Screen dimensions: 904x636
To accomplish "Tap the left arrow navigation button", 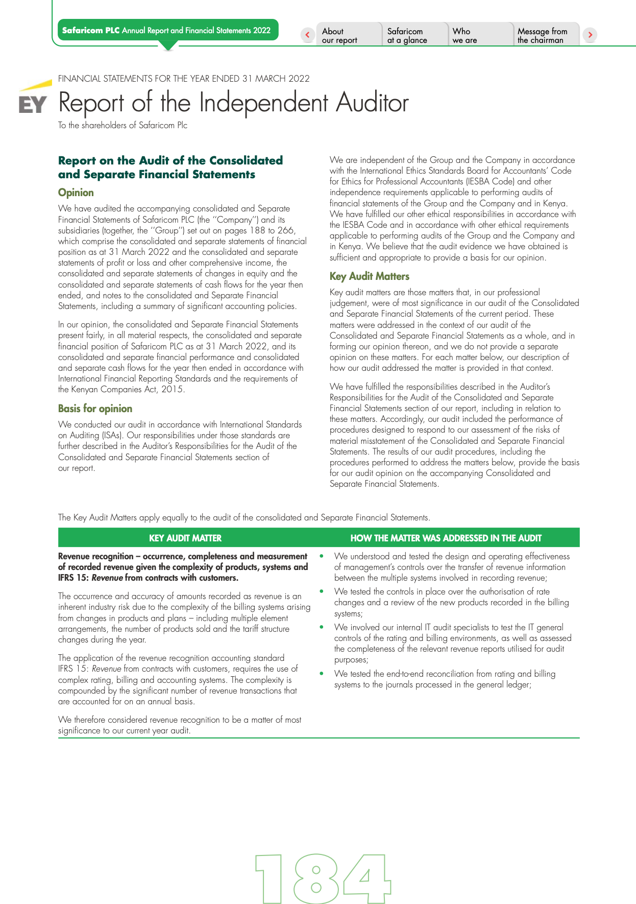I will point(307,35).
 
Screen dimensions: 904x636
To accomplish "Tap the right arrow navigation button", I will point(590,35).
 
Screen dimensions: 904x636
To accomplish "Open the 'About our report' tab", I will point(339,35).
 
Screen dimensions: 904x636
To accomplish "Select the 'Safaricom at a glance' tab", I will point(407,35).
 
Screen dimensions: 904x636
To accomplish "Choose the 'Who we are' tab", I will point(464,35).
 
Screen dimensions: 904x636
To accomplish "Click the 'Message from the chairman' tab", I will point(542,35).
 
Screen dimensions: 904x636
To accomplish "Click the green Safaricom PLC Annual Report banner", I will point(167,30).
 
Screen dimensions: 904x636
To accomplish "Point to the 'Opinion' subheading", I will point(76,193).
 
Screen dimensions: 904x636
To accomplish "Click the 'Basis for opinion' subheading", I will point(95,409).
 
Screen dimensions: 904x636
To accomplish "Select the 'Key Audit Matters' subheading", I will point(370,276).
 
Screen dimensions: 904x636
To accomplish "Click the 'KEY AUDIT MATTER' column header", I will point(185,538).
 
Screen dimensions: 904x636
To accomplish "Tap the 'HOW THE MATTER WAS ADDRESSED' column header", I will point(446,538).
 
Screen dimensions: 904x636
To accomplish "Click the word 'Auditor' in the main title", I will point(372,103).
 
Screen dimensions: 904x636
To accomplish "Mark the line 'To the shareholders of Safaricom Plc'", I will point(123,126).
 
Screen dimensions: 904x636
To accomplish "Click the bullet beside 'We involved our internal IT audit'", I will point(322,627).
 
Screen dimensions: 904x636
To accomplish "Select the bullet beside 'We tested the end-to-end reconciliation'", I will point(322,673).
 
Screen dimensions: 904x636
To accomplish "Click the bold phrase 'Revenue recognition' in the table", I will point(95,556).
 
